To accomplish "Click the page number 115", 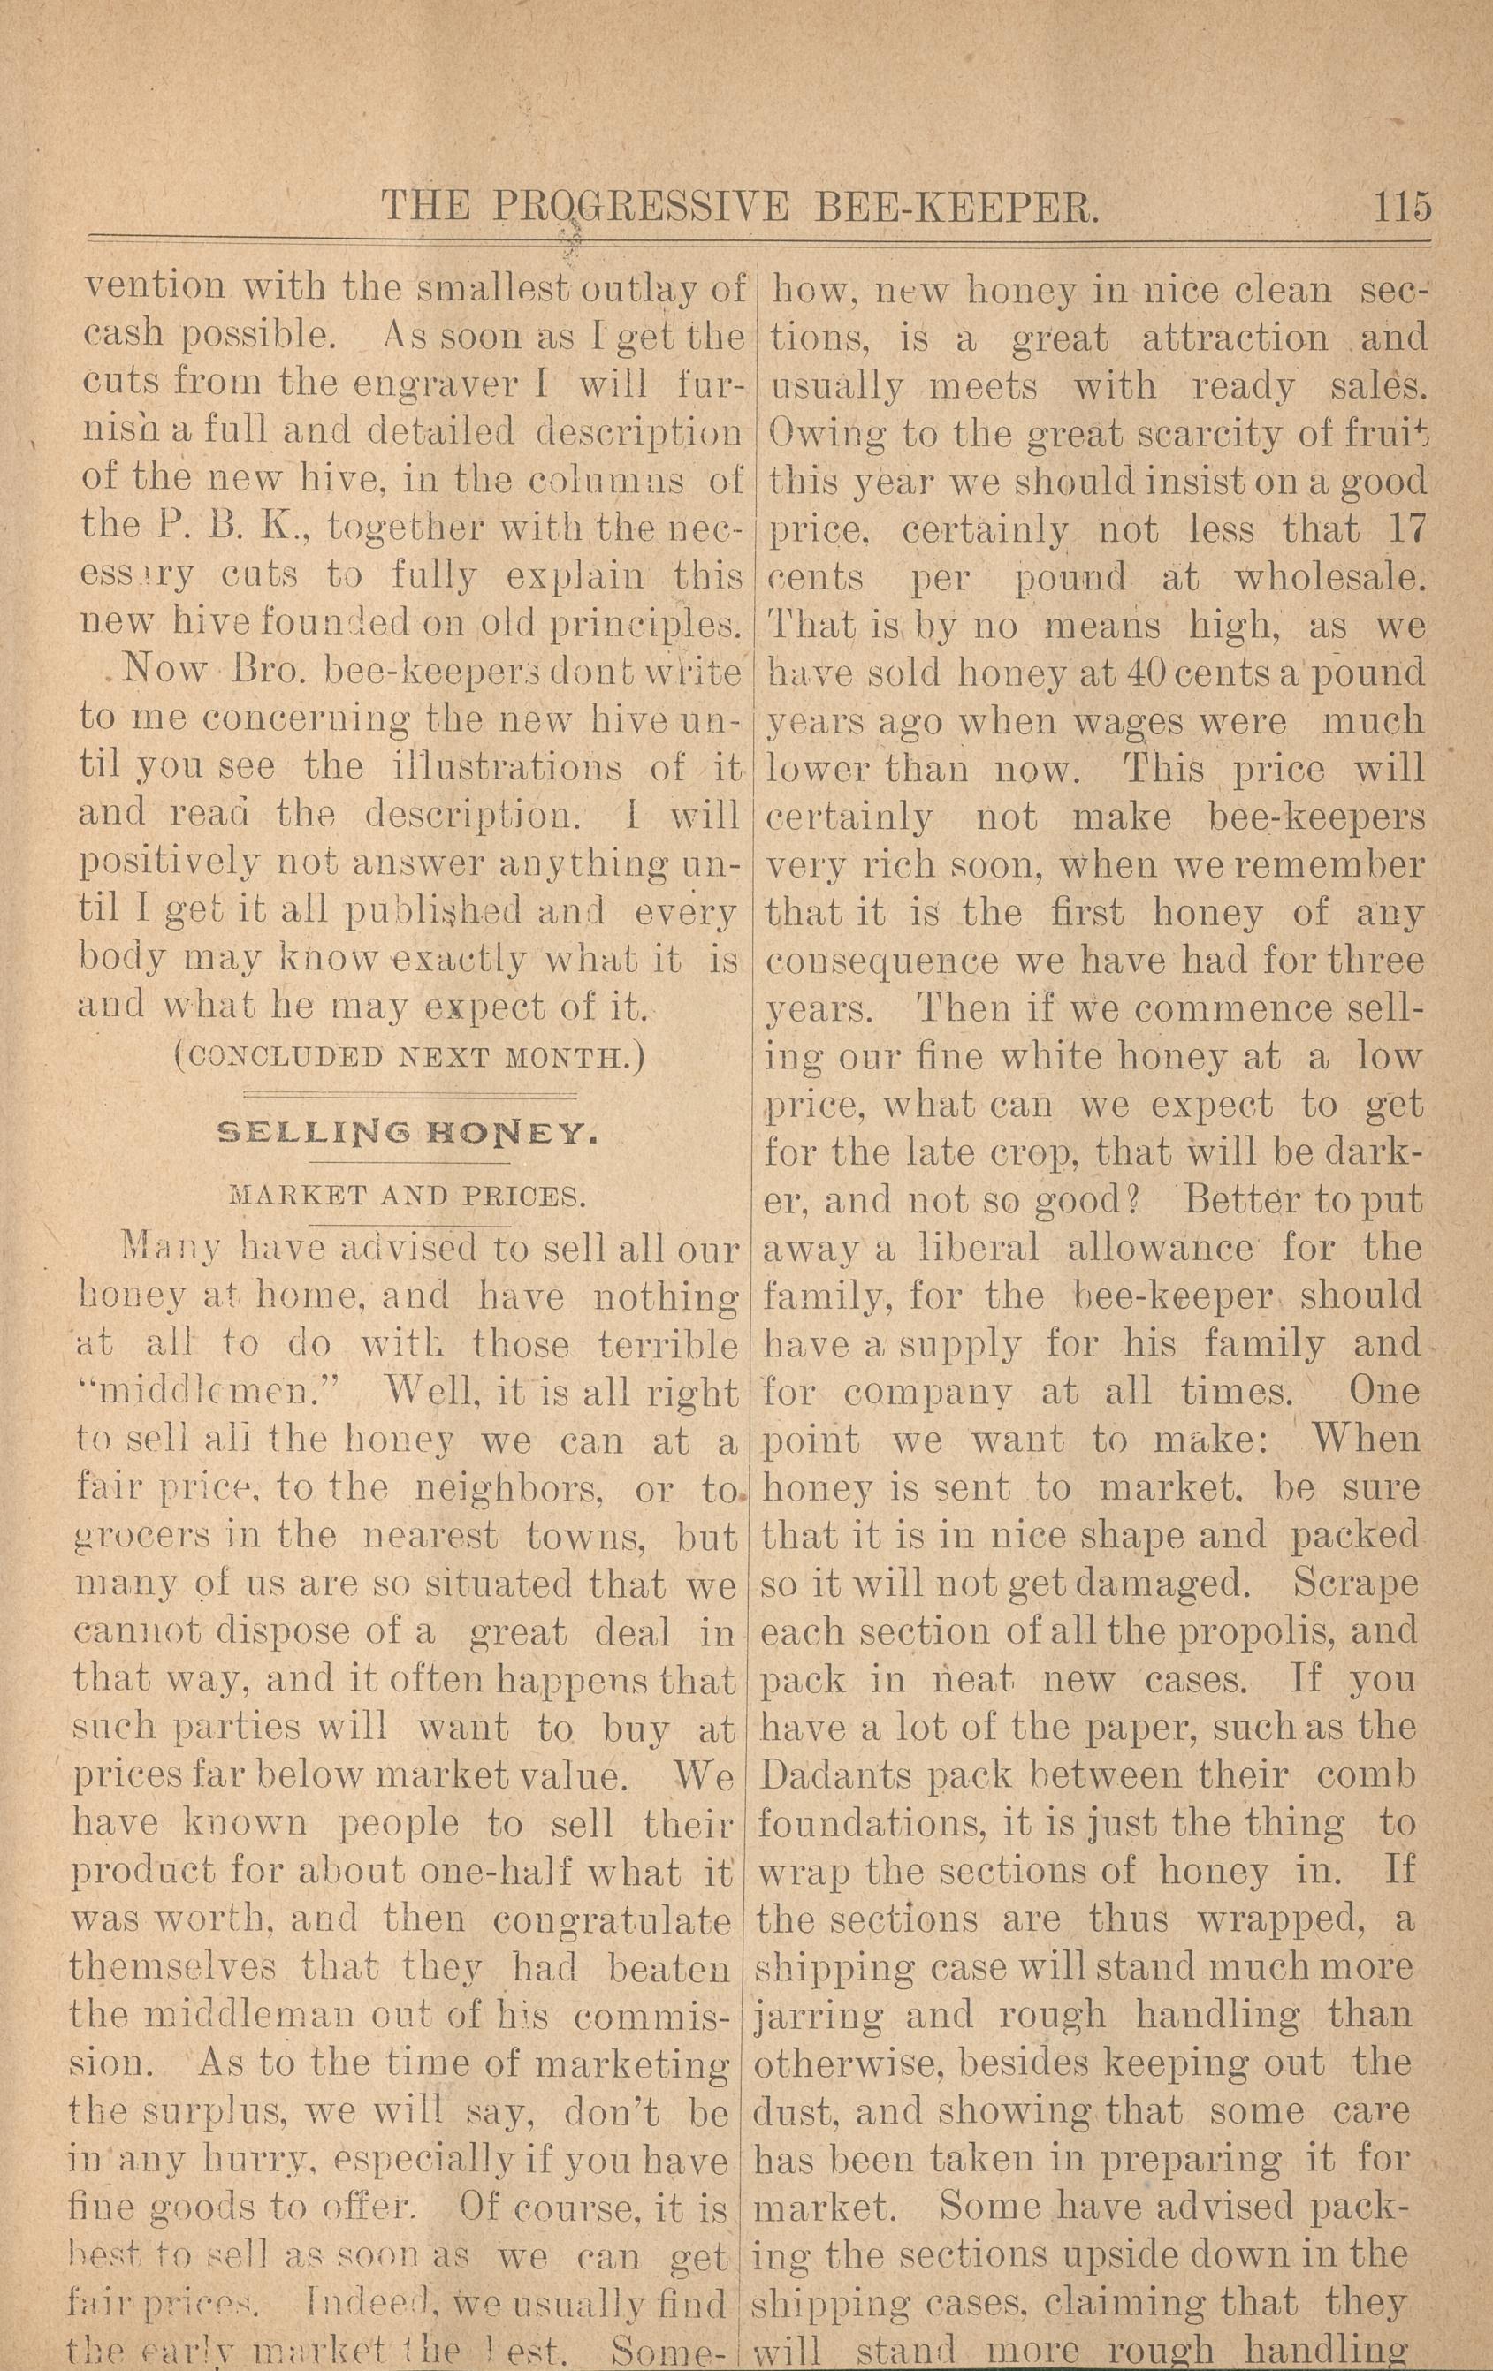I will pos(1398,208).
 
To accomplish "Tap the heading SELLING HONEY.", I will pos(407,1135).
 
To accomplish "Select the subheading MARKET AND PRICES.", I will pos(407,1198).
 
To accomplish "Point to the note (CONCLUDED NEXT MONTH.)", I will pos(407,1060).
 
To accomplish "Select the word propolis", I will pos(1253,1631).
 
